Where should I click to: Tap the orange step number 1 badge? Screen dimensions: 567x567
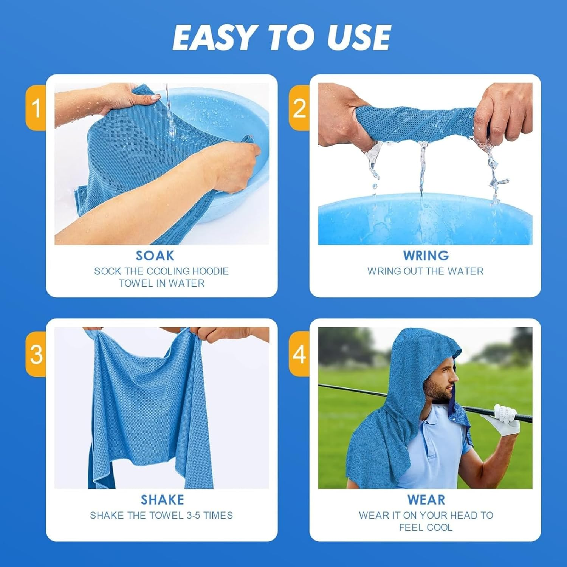(36, 108)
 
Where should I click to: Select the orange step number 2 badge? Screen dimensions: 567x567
(299, 108)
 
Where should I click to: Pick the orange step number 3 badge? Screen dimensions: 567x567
(36, 354)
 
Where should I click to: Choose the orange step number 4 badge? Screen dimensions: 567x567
(299, 354)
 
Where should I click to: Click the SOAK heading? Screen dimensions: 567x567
(155, 256)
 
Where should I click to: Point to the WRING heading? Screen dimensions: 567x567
(426, 256)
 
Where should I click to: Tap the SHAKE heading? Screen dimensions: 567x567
(162, 500)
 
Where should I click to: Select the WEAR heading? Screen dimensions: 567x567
(426, 500)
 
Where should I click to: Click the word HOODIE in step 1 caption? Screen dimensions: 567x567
(210, 271)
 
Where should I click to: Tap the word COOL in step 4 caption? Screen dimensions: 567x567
(439, 528)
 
